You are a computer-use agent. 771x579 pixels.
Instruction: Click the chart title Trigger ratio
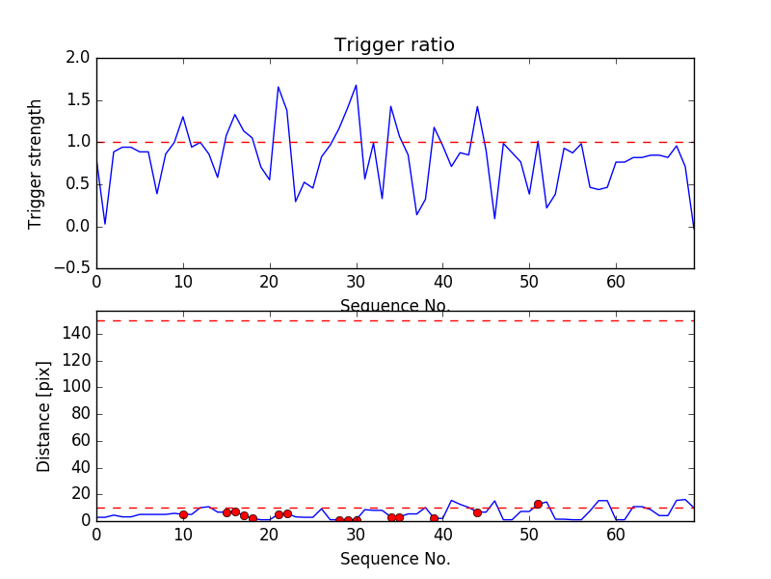point(394,45)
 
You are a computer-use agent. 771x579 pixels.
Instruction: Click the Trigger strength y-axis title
point(36,163)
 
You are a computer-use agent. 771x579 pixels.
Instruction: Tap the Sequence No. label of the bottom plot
point(395,559)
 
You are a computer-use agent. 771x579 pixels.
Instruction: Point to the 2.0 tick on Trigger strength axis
point(79,58)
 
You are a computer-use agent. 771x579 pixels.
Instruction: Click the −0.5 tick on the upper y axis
point(73,268)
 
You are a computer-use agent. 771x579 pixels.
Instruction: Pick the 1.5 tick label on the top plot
point(79,100)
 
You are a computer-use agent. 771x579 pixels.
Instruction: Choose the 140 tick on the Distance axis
point(77,334)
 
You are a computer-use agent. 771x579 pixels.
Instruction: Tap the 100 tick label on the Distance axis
point(77,387)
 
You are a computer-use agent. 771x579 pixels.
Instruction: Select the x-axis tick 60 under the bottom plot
point(617,535)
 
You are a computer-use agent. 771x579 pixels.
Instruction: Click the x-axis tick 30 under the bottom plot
point(357,535)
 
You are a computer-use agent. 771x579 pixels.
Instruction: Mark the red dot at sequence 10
point(183,514)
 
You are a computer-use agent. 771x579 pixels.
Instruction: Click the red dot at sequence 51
point(538,504)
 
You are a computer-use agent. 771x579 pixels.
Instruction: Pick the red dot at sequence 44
point(477,512)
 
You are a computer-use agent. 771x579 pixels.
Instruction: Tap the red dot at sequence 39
point(434,518)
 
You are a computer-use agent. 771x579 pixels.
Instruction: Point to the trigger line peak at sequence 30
point(357,85)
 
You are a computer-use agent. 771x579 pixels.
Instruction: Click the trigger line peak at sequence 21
point(279,87)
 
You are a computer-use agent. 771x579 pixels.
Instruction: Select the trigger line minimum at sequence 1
point(105,224)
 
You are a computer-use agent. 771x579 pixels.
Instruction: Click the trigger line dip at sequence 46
point(494,218)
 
